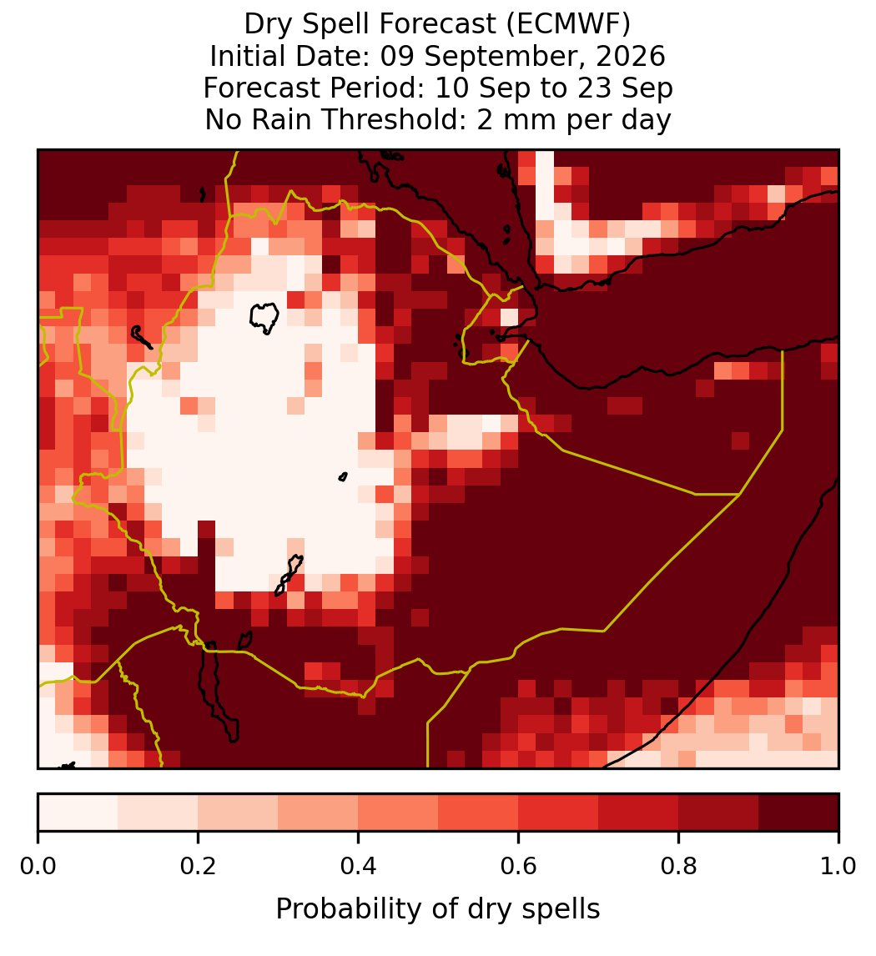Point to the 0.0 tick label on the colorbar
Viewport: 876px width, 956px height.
[38, 866]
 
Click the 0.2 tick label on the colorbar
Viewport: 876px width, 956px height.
[198, 866]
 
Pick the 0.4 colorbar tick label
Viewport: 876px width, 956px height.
[359, 866]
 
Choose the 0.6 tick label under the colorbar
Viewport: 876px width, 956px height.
[518, 866]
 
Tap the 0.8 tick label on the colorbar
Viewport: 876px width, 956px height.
[678, 866]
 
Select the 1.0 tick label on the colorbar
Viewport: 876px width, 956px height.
[838, 866]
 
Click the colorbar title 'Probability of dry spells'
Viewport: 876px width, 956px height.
[438, 909]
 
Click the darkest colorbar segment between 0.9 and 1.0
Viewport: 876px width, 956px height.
[798, 813]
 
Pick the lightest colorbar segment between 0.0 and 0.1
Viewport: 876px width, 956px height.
[78, 813]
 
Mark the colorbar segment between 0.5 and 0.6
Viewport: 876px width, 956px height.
[478, 813]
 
